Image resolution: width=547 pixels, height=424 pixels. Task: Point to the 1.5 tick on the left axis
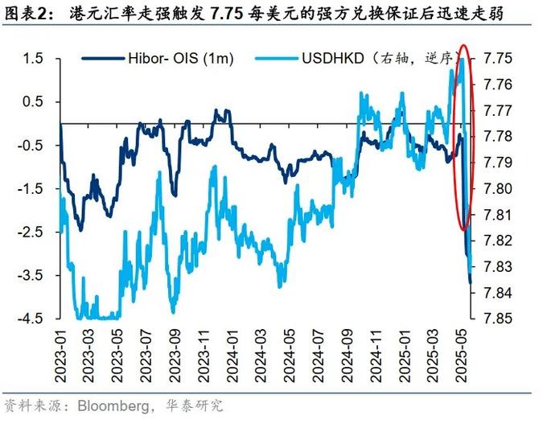pos(32,59)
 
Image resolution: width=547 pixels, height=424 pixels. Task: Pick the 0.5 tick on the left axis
pos(32,101)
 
